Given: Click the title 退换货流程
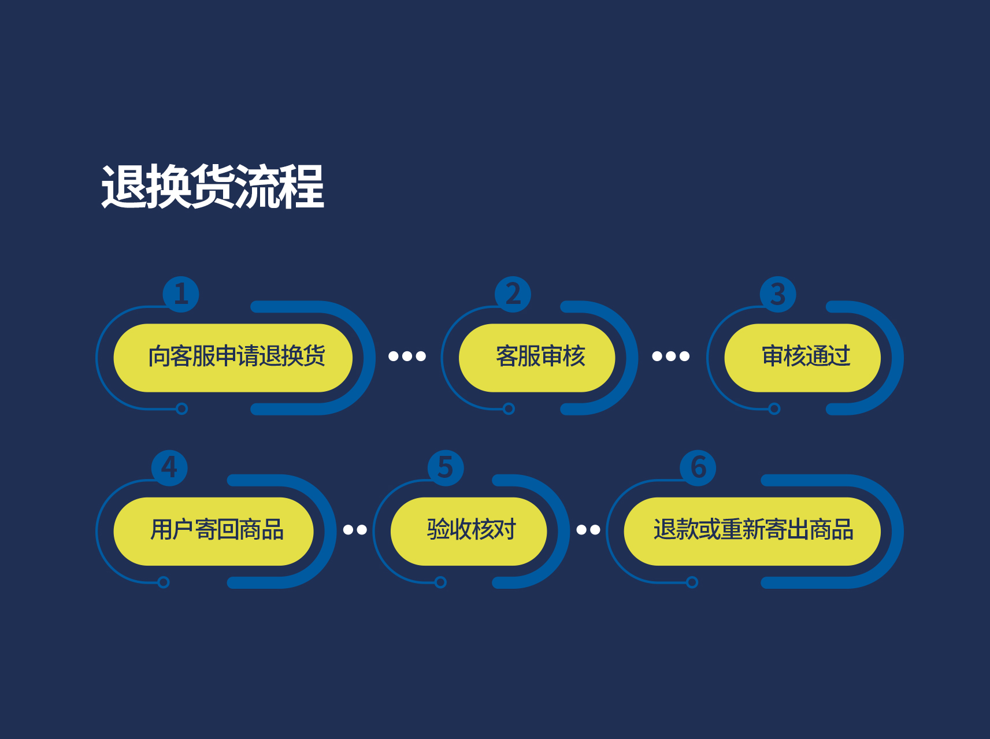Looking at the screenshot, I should (213, 186).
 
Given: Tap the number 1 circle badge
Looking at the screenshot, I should (181, 294).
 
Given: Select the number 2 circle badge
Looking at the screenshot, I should (513, 294).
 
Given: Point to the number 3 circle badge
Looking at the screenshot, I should (778, 294).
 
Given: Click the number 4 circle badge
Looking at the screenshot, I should (169, 467).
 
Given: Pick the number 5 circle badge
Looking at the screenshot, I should (446, 467).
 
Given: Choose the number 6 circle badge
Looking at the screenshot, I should (698, 467).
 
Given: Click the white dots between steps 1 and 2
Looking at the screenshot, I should (407, 356).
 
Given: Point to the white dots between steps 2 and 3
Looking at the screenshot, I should (671, 356).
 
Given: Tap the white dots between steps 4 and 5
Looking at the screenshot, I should (355, 529).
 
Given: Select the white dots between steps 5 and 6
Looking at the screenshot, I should (588, 529).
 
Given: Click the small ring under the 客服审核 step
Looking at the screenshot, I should (509, 409).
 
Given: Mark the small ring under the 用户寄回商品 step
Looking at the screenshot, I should (164, 582).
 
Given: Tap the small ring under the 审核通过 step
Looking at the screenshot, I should (774, 409).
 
